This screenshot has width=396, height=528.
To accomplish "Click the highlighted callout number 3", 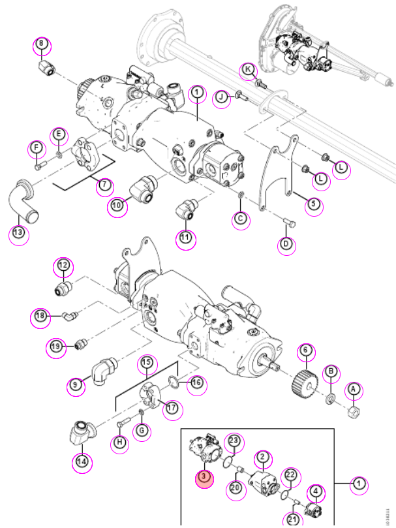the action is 204,478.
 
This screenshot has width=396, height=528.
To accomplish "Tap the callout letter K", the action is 249,70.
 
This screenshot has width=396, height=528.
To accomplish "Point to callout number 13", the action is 18,232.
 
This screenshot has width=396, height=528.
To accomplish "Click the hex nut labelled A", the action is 352,412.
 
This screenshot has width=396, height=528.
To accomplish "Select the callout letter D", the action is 286,243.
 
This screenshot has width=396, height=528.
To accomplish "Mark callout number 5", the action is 314,204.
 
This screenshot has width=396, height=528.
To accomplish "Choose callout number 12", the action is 63,265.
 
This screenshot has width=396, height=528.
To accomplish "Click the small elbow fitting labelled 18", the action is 69,315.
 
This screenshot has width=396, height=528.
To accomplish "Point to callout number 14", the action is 82,461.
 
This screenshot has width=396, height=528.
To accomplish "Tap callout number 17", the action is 172,408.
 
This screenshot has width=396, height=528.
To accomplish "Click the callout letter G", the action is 142,431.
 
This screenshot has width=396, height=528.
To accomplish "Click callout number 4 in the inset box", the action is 316,491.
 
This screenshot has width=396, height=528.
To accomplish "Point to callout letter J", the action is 221,98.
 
